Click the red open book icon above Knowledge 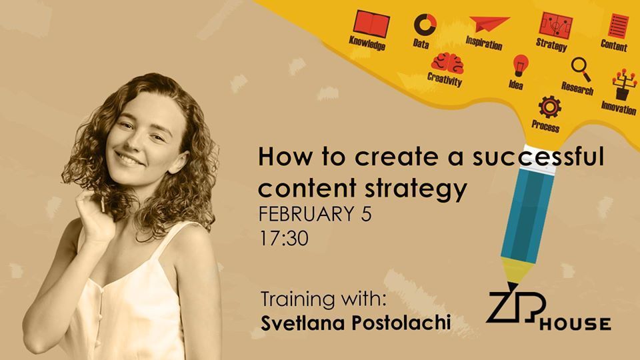pos(371,24)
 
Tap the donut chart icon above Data pos(425,25)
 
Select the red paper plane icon pos(489,24)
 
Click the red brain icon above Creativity pos(448,63)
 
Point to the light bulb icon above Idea pos(520,66)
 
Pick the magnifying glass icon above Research pos(581,69)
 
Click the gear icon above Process pos(549,107)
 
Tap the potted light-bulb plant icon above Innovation pos(624,84)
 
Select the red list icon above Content pos(619,26)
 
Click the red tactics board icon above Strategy pos(555,25)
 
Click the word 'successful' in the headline pos(538,157)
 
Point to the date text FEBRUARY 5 pos(315,214)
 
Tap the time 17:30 pos(284,239)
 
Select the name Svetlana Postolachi pos(355,323)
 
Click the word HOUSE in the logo pos(575,324)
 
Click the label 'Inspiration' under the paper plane pos(484,42)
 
